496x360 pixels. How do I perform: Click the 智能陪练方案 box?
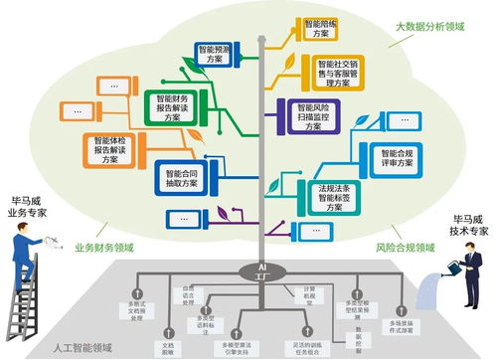pos(319,28)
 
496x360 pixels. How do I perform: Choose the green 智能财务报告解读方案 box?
pos(175,106)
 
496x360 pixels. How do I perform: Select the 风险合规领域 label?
pos(406,247)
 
